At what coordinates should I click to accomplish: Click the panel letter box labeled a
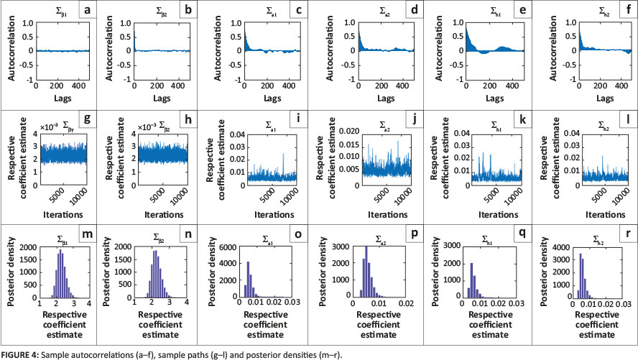87,11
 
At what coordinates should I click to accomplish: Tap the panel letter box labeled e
512,11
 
